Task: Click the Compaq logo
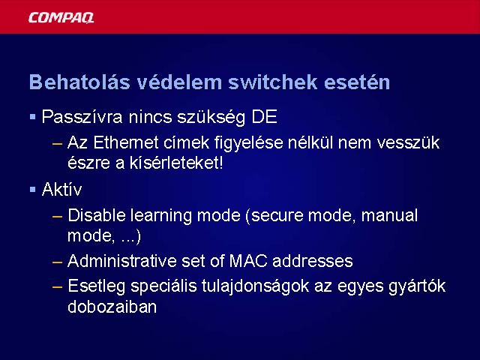(x=61, y=17)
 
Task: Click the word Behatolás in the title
(x=79, y=82)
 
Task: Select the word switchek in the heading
(x=273, y=82)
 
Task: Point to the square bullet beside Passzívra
(x=33, y=117)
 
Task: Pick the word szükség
(x=211, y=117)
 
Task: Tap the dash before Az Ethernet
(x=57, y=143)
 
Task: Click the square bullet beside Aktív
(x=33, y=190)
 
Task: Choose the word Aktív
(x=61, y=189)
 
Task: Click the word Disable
(x=97, y=215)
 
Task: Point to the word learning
(x=161, y=216)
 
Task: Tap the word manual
(x=389, y=215)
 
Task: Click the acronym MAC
(x=248, y=261)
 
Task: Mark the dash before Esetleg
(x=57, y=287)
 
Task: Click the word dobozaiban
(x=112, y=306)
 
